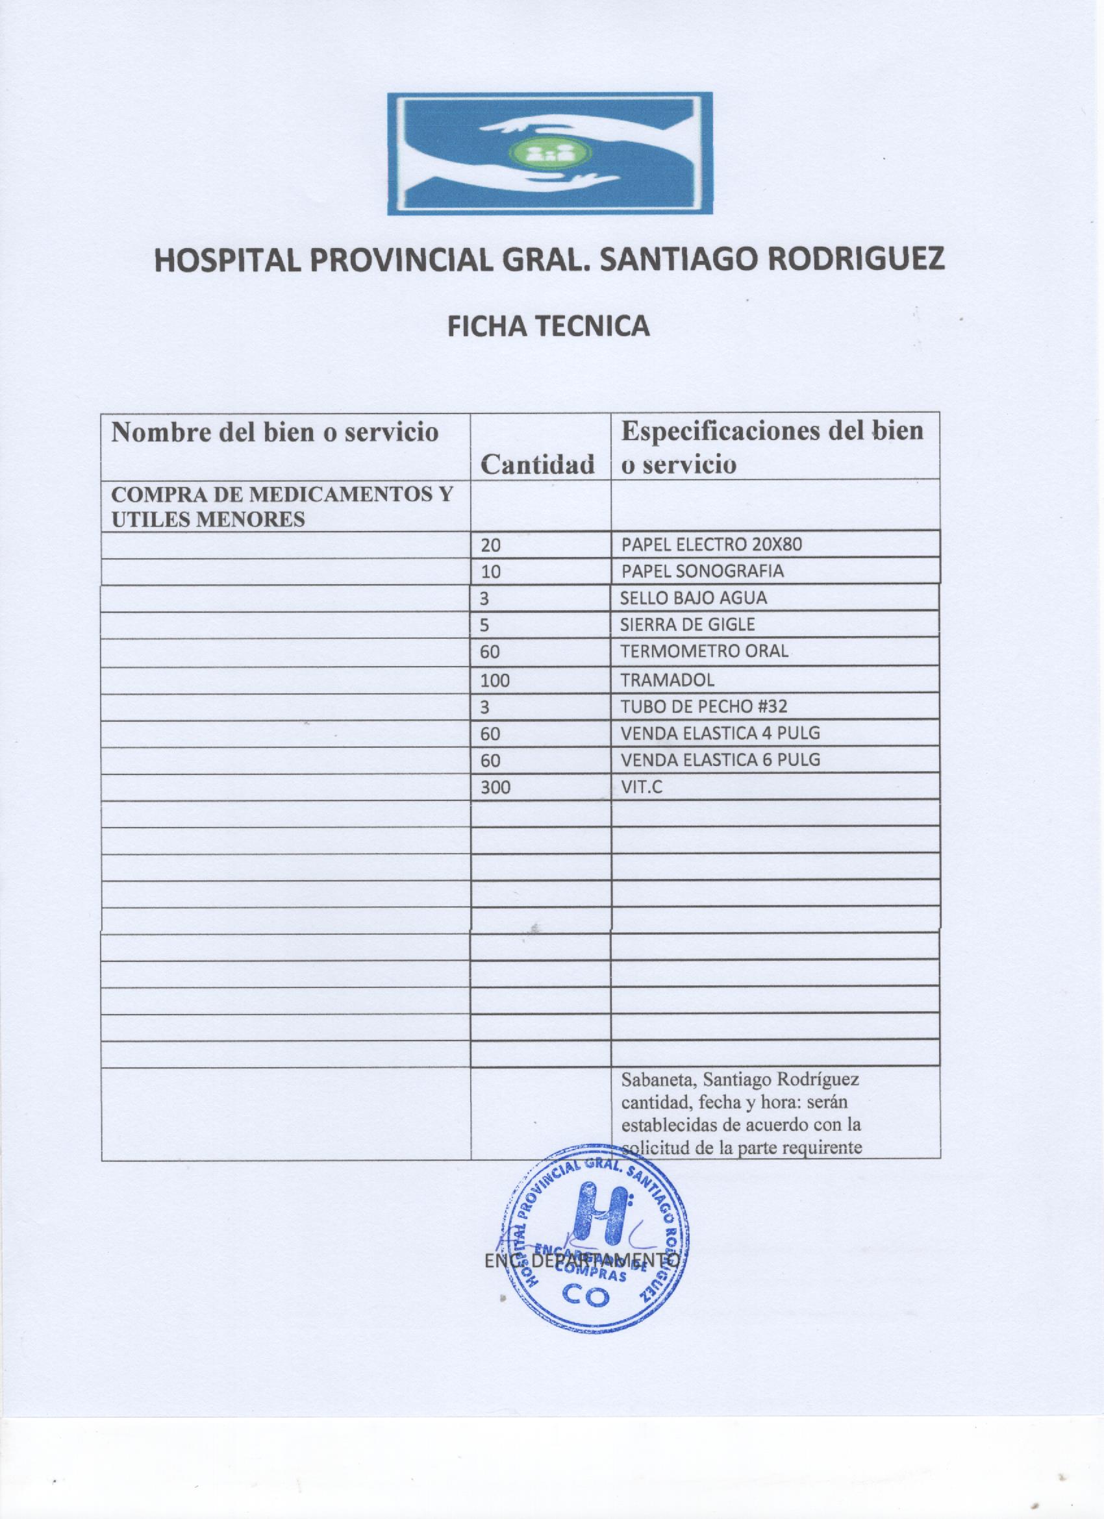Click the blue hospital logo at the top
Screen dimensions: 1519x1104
549,153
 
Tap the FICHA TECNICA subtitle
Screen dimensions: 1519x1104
548,326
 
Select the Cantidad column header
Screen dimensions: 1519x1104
538,463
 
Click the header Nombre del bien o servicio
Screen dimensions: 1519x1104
275,432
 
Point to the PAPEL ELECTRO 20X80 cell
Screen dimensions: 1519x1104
712,545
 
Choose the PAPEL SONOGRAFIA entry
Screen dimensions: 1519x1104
703,571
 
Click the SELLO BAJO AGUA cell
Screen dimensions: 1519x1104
694,597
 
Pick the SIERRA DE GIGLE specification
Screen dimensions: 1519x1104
688,624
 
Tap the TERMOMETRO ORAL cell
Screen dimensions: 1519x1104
705,651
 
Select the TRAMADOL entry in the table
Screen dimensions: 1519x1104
667,680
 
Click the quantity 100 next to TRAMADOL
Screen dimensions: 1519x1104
495,680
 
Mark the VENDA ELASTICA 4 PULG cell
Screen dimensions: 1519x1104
721,733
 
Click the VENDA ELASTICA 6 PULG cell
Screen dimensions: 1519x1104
721,759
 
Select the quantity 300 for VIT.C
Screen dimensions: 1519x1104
495,787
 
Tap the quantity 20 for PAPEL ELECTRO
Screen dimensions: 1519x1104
490,545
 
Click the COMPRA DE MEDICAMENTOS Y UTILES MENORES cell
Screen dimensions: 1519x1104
281,506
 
